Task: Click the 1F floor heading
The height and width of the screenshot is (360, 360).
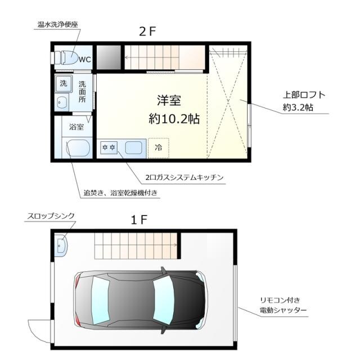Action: click(x=139, y=219)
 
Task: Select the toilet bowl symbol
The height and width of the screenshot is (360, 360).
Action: click(x=67, y=57)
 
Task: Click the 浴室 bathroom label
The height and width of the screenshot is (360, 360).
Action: click(x=76, y=127)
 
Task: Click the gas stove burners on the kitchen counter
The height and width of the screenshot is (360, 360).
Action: click(x=108, y=148)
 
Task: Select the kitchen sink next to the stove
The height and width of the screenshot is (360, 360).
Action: click(x=133, y=148)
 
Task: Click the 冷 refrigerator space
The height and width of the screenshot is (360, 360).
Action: click(x=158, y=148)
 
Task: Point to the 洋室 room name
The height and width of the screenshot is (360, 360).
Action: click(x=168, y=101)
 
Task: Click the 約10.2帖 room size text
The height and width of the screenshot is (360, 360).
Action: click(x=174, y=119)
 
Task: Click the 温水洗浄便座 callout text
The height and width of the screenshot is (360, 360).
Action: click(x=57, y=25)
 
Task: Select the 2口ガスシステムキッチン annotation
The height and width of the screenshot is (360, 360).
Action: click(x=184, y=177)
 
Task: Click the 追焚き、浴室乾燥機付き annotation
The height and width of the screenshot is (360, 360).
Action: click(x=120, y=193)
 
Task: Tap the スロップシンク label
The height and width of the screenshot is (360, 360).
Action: click(x=51, y=215)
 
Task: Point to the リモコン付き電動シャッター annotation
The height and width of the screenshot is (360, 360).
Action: click(x=282, y=305)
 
